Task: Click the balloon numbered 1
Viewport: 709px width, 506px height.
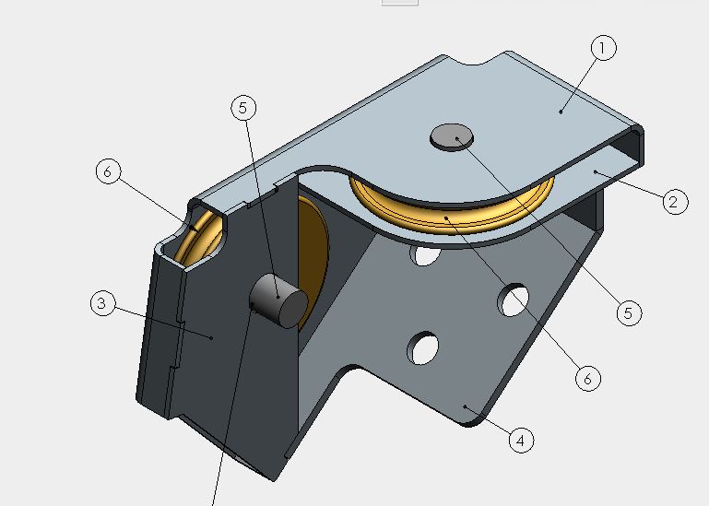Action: [603, 48]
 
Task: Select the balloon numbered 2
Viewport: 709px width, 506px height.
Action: [675, 202]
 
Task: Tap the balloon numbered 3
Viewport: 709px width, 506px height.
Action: [102, 303]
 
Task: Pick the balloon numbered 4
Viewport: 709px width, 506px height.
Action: [521, 440]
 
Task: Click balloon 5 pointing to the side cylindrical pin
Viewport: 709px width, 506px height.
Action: [243, 108]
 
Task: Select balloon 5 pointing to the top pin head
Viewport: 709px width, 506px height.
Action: [629, 312]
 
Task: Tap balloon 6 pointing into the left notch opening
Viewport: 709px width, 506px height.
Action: [108, 171]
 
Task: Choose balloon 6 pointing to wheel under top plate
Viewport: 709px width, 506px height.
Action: [588, 378]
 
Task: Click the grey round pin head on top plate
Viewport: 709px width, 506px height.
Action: [452, 137]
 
